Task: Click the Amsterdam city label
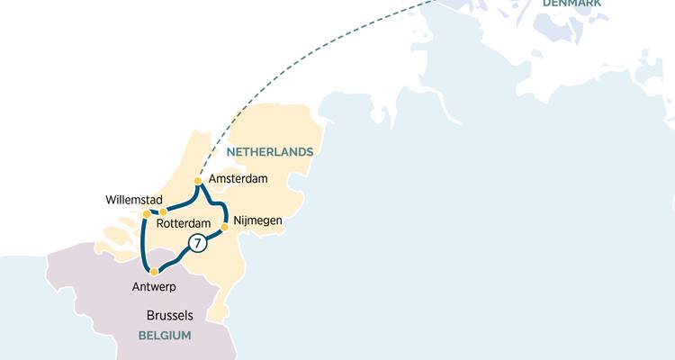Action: click(238, 179)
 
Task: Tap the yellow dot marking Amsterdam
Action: click(198, 182)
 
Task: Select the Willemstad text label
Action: click(134, 199)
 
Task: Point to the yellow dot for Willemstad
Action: click(147, 213)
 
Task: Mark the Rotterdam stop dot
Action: click(163, 212)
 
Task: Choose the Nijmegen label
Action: click(257, 220)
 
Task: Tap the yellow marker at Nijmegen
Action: click(224, 227)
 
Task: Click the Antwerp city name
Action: click(152, 287)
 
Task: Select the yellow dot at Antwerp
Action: click(154, 272)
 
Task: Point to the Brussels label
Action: click(170, 316)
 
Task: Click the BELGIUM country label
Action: click(165, 336)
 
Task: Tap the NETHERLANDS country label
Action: click(269, 151)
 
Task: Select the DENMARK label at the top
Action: click(572, 4)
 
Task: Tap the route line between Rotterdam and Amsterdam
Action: click(184, 204)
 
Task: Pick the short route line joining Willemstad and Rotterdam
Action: click(155, 213)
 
